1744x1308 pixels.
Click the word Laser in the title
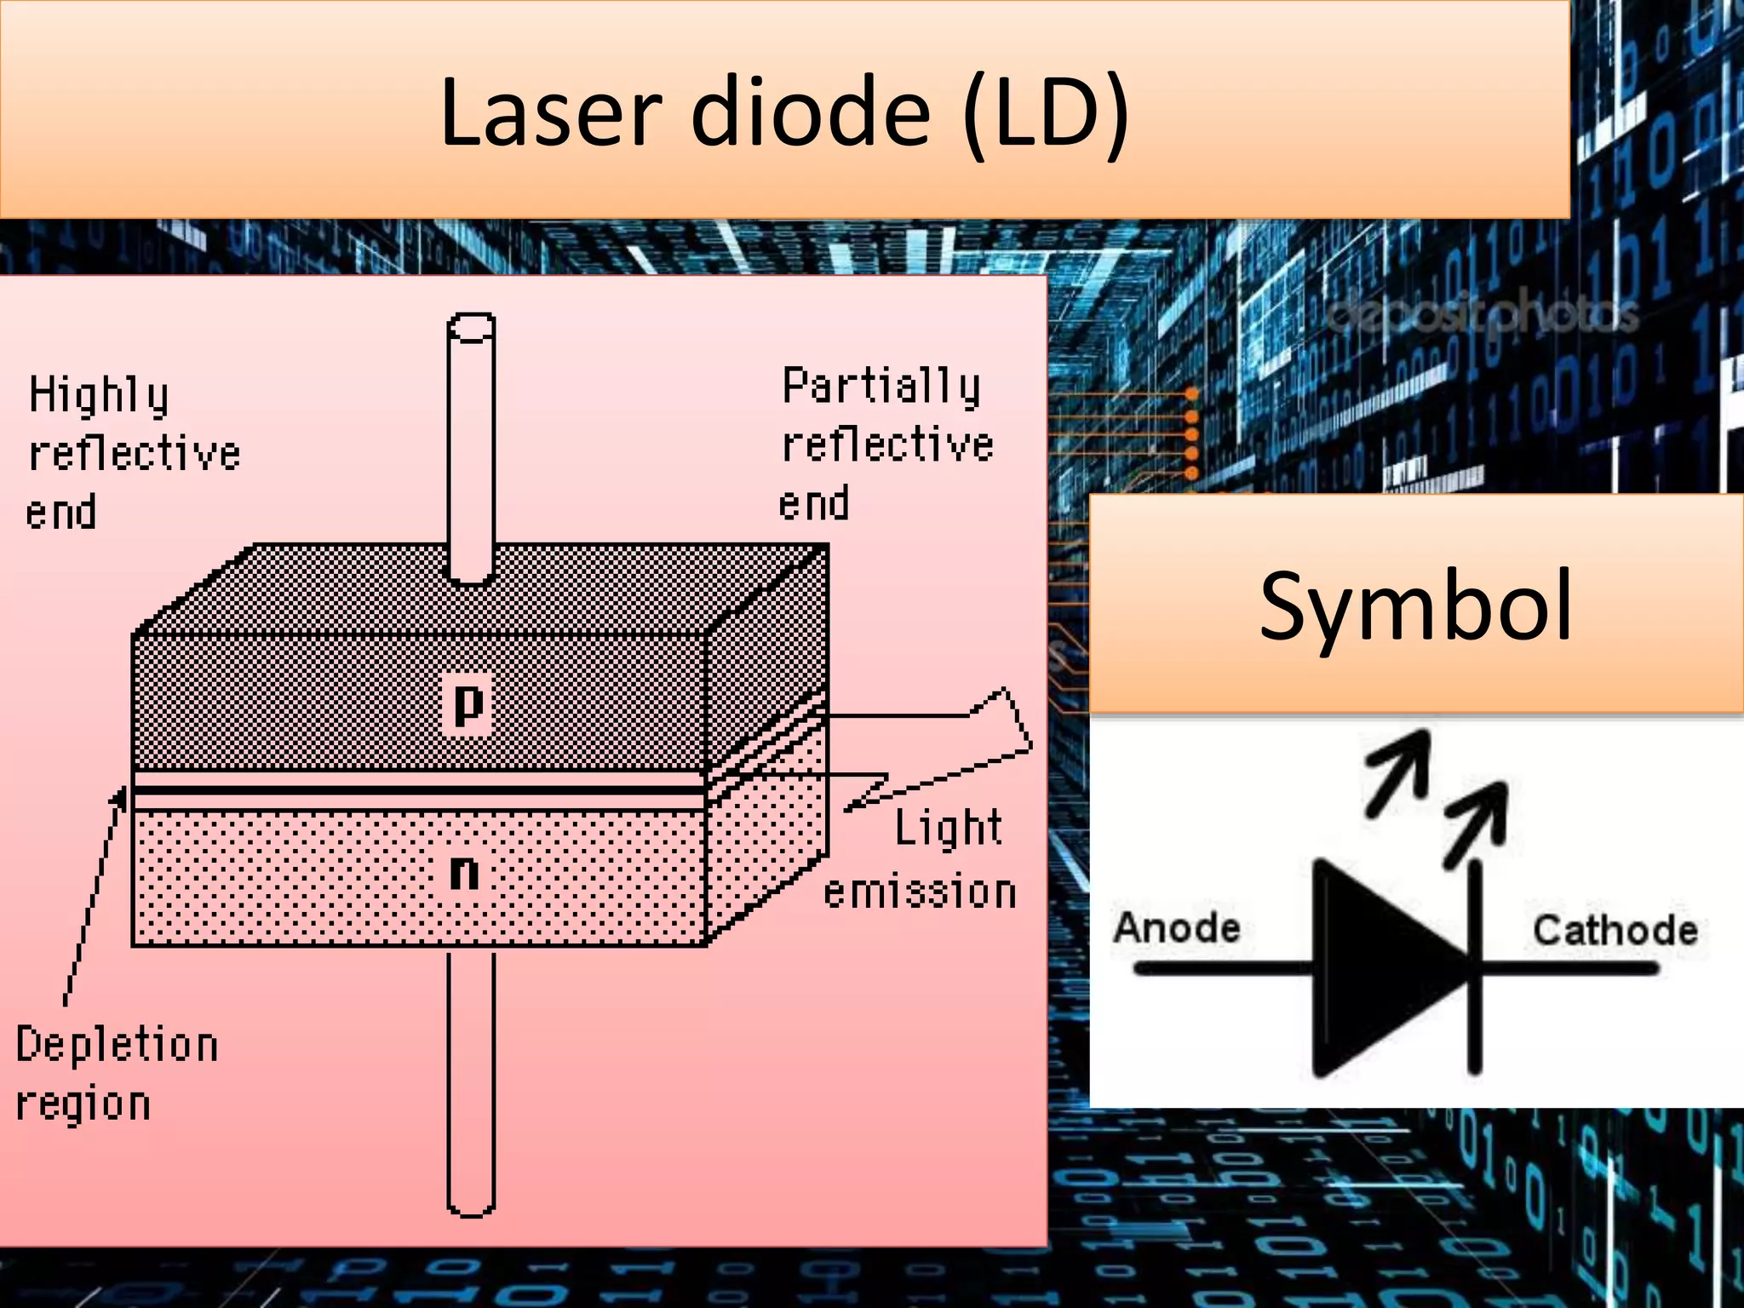pos(550,112)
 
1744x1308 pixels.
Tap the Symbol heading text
pos(1415,606)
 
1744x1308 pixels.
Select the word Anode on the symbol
pos(1177,927)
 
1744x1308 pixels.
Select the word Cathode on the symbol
pos(1615,930)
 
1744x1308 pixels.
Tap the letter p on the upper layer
pos(468,703)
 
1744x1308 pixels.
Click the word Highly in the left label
pos(99,396)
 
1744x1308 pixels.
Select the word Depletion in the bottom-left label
pos(118,1046)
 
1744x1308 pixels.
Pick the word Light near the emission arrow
pos(948,828)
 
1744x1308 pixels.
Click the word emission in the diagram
pos(920,892)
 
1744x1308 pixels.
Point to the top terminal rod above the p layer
pos(471,443)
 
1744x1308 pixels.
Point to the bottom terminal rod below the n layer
pos(471,1081)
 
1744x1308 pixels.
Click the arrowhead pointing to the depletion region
pos(120,799)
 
